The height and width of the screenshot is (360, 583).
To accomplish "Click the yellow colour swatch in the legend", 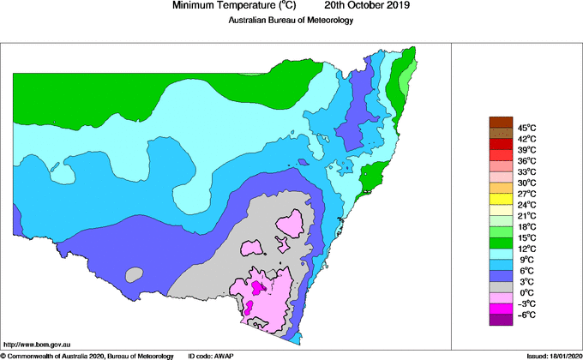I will pyautogui.click(x=500, y=199).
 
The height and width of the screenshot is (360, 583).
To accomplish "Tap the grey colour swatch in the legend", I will pyautogui.click(x=500, y=286).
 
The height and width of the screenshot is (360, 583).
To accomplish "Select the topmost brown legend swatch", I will pyautogui.click(x=500, y=122).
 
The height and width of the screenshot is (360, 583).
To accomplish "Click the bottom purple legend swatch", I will pyautogui.click(x=500, y=319).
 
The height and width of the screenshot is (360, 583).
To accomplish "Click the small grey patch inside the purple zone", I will pyautogui.click(x=133, y=276).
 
